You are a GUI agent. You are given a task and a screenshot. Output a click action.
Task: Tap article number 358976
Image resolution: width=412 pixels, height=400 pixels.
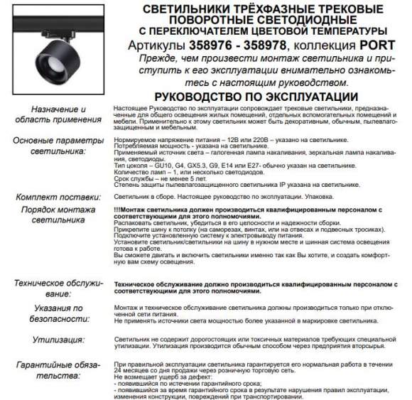click(x=211, y=45)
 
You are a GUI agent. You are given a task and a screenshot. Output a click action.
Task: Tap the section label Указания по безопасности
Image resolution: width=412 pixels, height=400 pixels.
click(x=54, y=313)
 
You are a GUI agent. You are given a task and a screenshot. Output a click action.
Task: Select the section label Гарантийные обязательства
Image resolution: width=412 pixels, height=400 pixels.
click(x=54, y=371)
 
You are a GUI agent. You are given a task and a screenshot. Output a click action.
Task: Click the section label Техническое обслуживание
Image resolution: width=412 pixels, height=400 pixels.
click(x=54, y=288)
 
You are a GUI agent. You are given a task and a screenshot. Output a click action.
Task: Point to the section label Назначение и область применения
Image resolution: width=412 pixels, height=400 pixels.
click(x=54, y=115)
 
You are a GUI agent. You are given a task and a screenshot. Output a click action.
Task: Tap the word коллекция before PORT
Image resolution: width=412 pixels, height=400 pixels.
click(x=322, y=45)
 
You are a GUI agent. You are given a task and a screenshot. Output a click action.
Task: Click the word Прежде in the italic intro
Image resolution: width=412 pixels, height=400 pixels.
click(x=158, y=58)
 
